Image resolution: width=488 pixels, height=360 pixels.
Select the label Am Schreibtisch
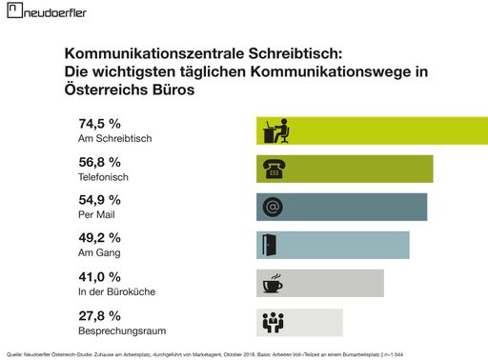pyautogui.click(x=112, y=139)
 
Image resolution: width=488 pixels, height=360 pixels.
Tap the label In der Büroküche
pyautogui.click(x=114, y=292)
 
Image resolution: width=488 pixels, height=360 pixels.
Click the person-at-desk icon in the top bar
pyautogui.click(x=273, y=130)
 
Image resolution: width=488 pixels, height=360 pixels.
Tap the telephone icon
pyautogui.click(x=273, y=169)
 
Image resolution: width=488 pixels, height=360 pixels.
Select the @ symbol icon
pyautogui.click(x=273, y=207)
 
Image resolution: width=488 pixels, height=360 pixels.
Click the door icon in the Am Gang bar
pyautogui.click(x=271, y=245)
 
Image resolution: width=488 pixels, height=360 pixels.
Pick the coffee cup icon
pyautogui.click(x=272, y=284)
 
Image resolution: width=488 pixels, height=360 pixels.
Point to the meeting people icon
pyautogui.click(x=273, y=322)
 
